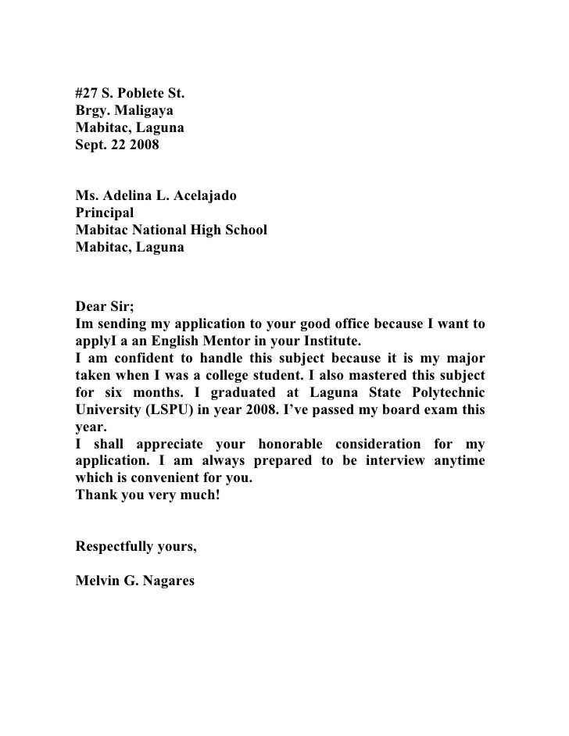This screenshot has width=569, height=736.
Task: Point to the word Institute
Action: [x=326, y=342]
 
